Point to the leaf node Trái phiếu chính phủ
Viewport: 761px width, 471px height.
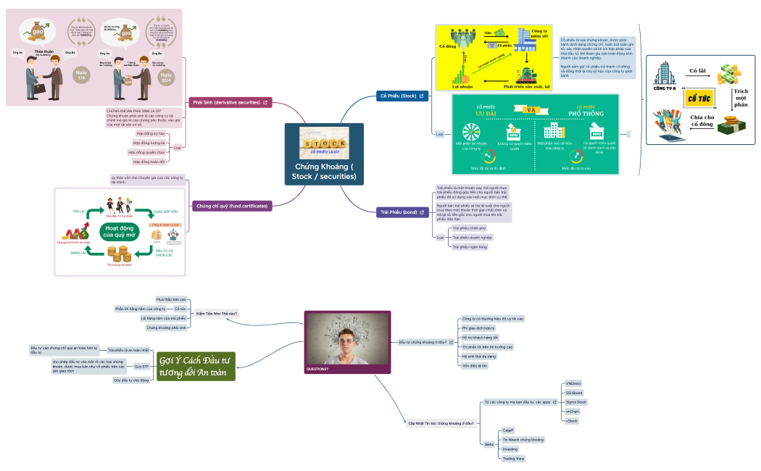coord(467,228)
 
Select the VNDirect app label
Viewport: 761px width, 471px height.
coord(573,383)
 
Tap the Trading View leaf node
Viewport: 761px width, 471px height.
coord(513,459)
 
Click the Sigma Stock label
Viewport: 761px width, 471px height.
coord(576,401)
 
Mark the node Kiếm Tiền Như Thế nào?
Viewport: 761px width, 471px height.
coord(217,313)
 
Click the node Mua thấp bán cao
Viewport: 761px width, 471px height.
coord(171,299)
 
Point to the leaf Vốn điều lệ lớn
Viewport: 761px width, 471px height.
coord(475,366)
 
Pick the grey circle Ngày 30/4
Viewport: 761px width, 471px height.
coord(167,77)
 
